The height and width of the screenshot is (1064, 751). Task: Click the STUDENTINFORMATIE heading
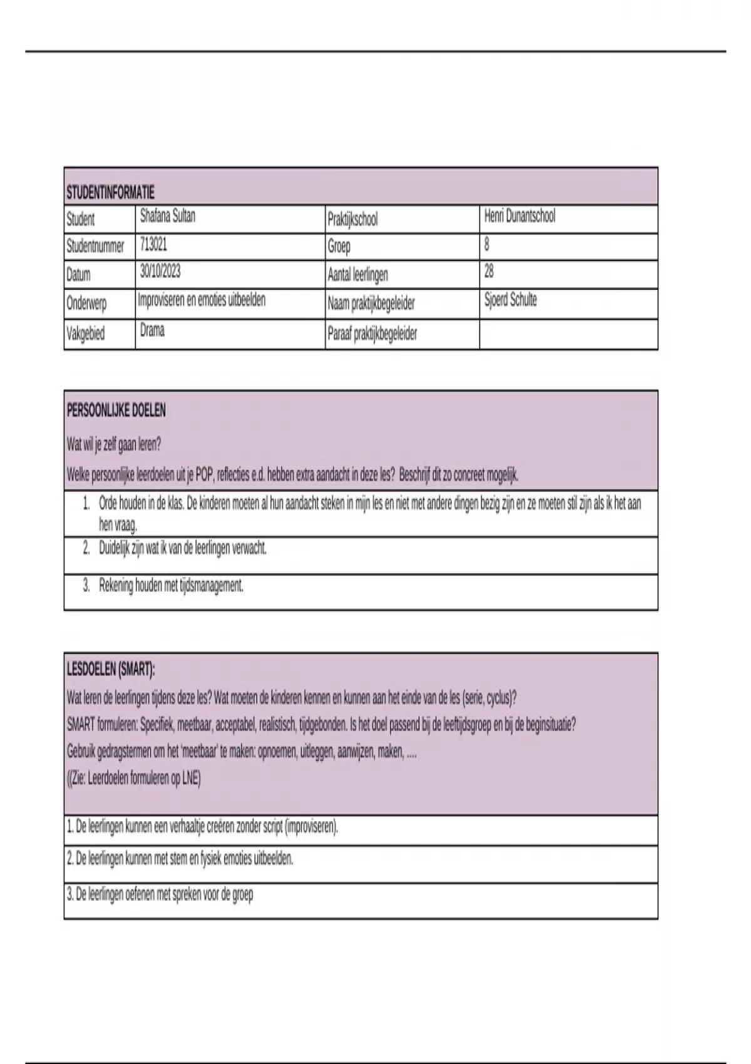110,192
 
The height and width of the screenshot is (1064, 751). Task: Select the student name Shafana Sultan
168,217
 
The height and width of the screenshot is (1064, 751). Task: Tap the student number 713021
153,244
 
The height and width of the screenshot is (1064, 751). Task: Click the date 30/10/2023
161,272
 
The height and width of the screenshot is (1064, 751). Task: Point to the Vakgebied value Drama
152,330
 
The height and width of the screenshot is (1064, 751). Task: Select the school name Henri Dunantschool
519,217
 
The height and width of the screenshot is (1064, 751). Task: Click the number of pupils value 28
489,272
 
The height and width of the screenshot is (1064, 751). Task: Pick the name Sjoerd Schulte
510,300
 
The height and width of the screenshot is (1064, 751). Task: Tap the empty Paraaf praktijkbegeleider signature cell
568,334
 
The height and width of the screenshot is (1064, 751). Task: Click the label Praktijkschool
352,220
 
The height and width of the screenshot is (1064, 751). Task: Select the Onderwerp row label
86,304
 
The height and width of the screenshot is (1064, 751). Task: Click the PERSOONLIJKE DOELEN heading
116,411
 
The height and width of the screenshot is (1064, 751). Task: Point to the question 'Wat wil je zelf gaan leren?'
114,444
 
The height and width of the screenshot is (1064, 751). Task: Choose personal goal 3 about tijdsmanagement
171,586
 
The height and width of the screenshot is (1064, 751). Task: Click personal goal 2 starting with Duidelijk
183,548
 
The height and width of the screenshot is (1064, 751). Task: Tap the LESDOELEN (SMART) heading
111,670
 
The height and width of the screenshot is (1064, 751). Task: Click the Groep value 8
487,244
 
